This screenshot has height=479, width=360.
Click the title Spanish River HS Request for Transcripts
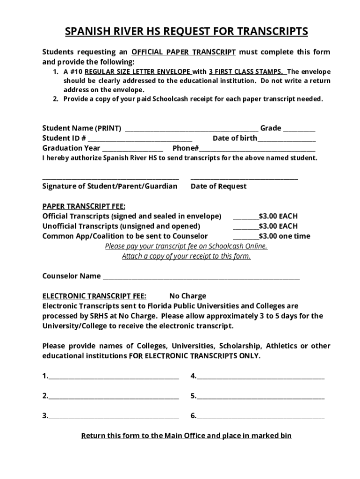(x=186, y=31)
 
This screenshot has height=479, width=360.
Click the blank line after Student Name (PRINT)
(x=192, y=130)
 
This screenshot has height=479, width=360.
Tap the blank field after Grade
(x=299, y=130)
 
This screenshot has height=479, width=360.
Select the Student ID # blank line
(x=140, y=140)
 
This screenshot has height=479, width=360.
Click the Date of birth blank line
(x=287, y=140)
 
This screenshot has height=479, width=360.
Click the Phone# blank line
(x=257, y=150)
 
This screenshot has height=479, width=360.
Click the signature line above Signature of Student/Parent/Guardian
(x=111, y=178)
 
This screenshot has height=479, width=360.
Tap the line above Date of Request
(x=244, y=178)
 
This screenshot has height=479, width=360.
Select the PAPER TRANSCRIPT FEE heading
(x=84, y=206)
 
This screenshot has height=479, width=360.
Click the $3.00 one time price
(x=284, y=236)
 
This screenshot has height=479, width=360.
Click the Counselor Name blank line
(x=201, y=278)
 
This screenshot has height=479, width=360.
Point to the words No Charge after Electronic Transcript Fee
(x=187, y=296)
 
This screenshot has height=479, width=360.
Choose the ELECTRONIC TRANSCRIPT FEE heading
(x=94, y=296)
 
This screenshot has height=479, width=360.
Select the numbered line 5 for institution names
(x=260, y=398)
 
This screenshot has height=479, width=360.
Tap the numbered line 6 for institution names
(x=260, y=418)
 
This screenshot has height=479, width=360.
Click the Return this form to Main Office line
(x=187, y=436)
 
